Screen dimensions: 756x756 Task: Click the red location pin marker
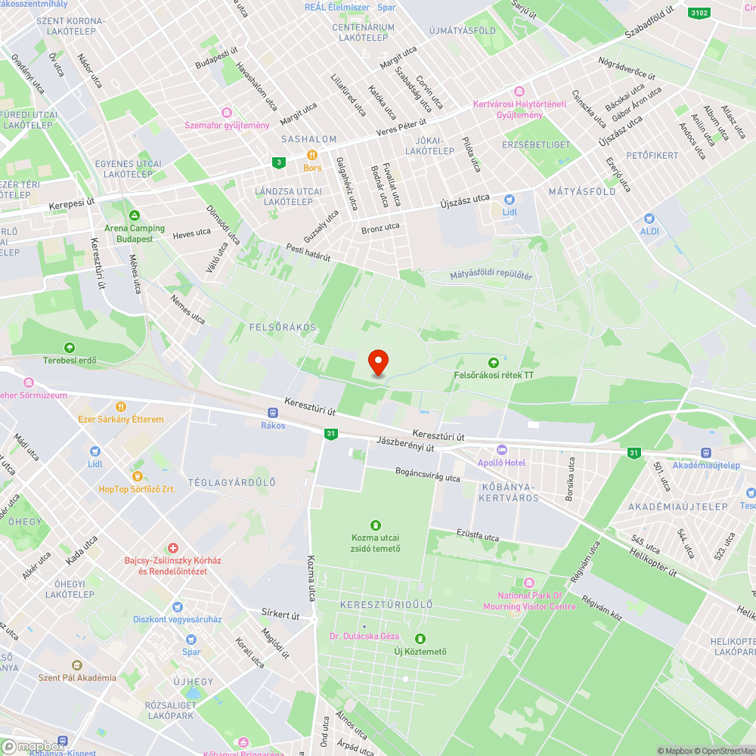point(377,362)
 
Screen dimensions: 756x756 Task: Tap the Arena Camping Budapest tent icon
point(135,216)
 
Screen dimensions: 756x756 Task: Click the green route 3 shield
point(280,162)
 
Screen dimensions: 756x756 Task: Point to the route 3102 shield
point(699,13)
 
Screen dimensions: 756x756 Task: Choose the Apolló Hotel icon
point(501,451)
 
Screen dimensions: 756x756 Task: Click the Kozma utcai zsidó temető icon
point(375,525)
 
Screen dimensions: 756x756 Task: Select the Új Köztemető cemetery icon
point(420,639)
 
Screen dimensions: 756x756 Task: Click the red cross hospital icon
point(173,547)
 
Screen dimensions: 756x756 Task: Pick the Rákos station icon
point(273,413)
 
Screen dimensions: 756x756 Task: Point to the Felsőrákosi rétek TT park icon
point(494,362)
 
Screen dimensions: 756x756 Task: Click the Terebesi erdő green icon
point(70,348)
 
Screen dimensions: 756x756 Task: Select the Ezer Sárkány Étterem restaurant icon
point(120,407)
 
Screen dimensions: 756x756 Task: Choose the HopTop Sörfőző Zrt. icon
point(137,476)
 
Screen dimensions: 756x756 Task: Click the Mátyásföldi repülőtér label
point(491,275)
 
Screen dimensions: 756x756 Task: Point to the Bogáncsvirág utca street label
point(428,475)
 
